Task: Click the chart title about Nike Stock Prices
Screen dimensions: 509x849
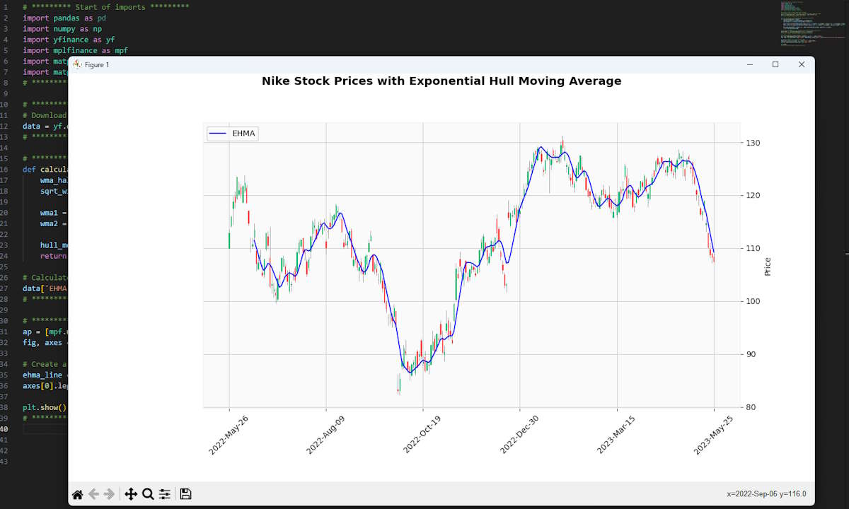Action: pyautogui.click(x=441, y=81)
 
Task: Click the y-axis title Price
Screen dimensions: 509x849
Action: pyautogui.click(x=768, y=267)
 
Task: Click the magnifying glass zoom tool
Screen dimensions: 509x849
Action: pyautogui.click(x=148, y=494)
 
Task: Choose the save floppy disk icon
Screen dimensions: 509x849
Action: pyautogui.click(x=185, y=494)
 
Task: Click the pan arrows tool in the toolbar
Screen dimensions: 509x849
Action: pyautogui.click(x=130, y=494)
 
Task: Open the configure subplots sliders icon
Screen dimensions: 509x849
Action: pyautogui.click(x=165, y=494)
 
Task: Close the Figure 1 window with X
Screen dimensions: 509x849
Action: pyautogui.click(x=801, y=64)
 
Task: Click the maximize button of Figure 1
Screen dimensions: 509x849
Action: pyautogui.click(x=775, y=64)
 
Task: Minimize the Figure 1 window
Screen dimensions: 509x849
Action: pyautogui.click(x=750, y=64)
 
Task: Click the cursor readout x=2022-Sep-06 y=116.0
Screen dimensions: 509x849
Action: pyautogui.click(x=766, y=494)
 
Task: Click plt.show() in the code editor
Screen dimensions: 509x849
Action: pyautogui.click(x=44, y=408)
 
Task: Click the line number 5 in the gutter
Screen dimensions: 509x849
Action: pyautogui.click(x=6, y=40)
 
